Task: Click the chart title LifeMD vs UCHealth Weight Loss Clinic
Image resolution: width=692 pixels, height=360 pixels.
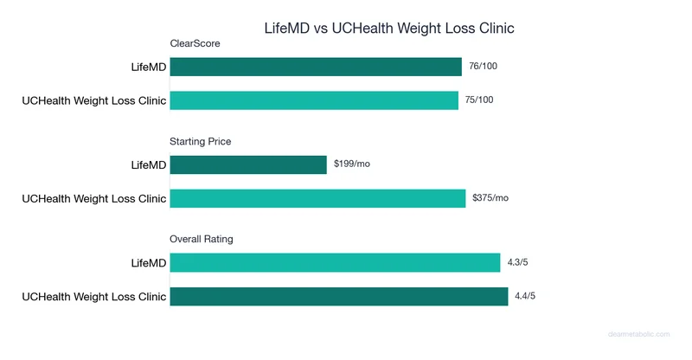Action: [x=389, y=28]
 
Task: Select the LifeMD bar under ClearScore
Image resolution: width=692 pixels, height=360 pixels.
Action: [x=316, y=67]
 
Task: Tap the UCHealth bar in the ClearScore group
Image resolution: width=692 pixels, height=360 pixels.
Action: [x=314, y=100]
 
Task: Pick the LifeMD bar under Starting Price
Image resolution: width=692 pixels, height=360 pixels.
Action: [x=248, y=164]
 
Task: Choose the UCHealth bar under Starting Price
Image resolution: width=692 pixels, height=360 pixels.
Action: [x=317, y=198]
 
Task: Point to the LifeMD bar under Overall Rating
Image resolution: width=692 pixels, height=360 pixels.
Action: [x=335, y=262]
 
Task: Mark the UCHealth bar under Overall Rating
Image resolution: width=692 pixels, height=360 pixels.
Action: [x=338, y=297]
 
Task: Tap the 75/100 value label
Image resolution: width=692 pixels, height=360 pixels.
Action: [x=480, y=100]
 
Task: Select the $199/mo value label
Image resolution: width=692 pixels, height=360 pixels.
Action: [x=352, y=164]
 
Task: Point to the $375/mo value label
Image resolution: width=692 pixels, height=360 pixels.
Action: [x=490, y=198]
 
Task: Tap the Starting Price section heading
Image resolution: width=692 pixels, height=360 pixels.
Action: [x=201, y=141]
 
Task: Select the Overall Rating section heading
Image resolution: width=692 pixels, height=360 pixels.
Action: [x=202, y=239]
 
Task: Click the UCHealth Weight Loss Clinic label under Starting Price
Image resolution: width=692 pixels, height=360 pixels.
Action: [x=93, y=199]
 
